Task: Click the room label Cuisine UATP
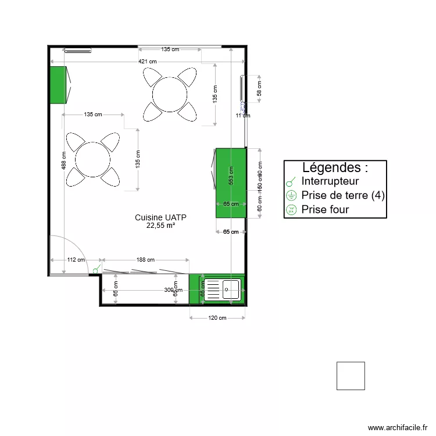tap(160, 217)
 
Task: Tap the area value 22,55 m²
tap(160, 226)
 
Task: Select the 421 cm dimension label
tap(147, 61)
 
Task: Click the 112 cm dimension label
tap(76, 260)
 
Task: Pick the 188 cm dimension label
tap(145, 260)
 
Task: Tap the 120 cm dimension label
tap(217, 318)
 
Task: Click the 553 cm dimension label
tap(231, 176)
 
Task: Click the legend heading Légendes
tap(335, 168)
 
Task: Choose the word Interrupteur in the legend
tap(330, 181)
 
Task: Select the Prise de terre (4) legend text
tap(343, 195)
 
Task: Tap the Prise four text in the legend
tap(325, 210)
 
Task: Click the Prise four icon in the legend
tap(291, 210)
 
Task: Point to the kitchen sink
tap(223, 289)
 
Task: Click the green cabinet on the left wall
tap(57, 85)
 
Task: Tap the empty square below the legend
tap(351, 376)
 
